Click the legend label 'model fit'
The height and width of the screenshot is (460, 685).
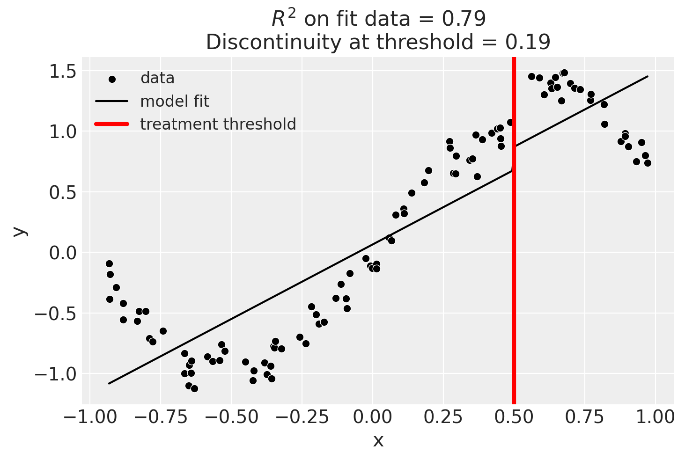[175, 101]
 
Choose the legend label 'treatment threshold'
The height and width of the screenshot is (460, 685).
[218, 124]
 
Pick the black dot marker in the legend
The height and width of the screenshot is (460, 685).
[112, 79]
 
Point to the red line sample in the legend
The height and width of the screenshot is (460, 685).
[111, 124]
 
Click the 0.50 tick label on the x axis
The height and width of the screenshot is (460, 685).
[514, 416]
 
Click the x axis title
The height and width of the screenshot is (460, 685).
[378, 441]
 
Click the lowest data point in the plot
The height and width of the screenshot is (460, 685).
[194, 388]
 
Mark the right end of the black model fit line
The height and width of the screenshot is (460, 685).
[648, 76]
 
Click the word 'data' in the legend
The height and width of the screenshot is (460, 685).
[157, 78]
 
